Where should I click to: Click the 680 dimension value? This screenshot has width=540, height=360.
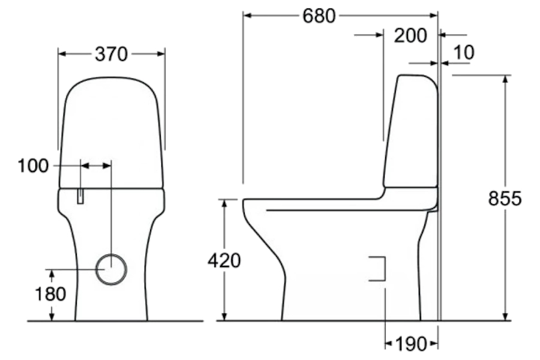pos(319,16)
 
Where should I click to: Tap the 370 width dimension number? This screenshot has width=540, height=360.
pos(111,54)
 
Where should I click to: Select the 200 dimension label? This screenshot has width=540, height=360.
pos(410,35)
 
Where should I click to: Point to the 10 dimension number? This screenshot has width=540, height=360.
pos(464,52)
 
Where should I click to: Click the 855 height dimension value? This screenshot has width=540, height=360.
pos(505,199)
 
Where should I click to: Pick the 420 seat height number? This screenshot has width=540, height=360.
pos(224,260)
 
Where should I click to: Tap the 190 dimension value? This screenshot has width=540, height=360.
pos(411,343)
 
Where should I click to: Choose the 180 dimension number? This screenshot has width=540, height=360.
pos(50,294)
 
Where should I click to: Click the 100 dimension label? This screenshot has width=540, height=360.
pos(33,166)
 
